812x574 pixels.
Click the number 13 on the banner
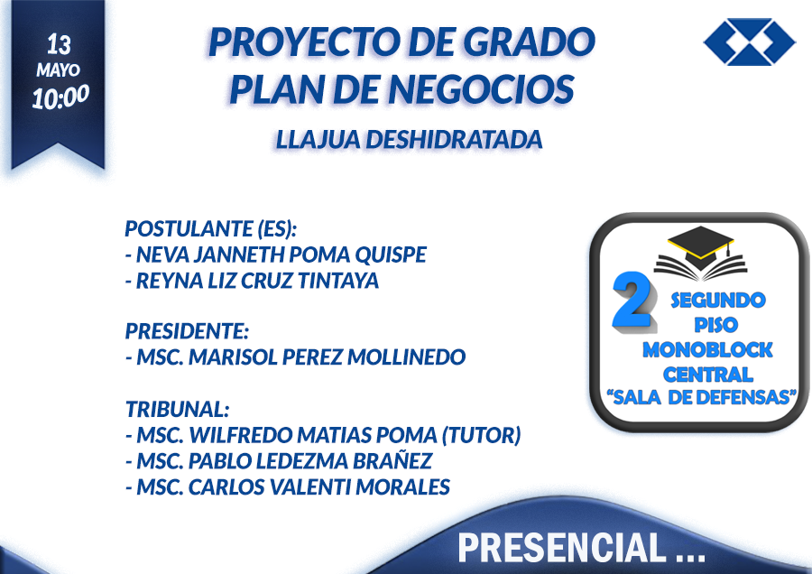(x=59, y=44)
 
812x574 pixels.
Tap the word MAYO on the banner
(x=58, y=69)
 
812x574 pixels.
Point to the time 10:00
(x=60, y=97)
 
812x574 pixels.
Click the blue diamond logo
(x=750, y=42)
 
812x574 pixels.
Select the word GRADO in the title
(x=529, y=42)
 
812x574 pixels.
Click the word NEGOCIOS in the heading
(x=481, y=89)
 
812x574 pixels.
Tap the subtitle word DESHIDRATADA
(x=454, y=140)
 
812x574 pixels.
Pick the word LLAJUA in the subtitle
(x=318, y=140)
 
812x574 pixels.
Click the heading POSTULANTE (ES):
(x=211, y=228)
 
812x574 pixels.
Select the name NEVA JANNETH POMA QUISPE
(x=281, y=255)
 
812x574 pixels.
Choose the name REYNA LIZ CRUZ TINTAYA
(x=257, y=281)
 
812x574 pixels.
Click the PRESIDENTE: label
(x=187, y=331)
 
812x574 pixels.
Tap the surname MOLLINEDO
(x=407, y=356)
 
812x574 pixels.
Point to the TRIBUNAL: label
(x=177, y=409)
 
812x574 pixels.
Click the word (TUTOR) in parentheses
(x=481, y=435)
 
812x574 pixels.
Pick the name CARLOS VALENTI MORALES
(x=319, y=486)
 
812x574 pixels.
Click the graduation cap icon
(x=700, y=253)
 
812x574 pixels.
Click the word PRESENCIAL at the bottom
(x=561, y=547)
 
